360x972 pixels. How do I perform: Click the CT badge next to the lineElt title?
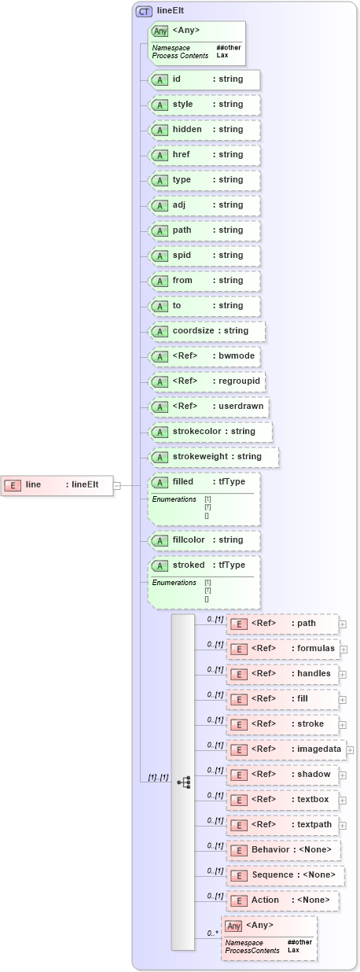pos(144,11)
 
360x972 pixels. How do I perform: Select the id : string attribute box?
pos(204,79)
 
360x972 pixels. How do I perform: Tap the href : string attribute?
pos(204,155)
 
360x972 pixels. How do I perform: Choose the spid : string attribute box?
pos(204,256)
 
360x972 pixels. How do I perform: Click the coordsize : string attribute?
pos(207,331)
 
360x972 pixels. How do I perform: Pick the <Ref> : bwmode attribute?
pos(204,356)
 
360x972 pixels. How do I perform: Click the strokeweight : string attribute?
pos(213,457)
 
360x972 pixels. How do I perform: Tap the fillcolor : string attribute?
pos(204,540)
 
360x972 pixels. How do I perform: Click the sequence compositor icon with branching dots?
pos(183,782)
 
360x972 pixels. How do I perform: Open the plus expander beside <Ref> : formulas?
pos(343,650)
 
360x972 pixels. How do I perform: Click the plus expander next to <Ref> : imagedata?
pos(350,750)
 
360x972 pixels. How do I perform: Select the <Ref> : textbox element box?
pos(283,800)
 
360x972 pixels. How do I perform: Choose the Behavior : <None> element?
pos(284,850)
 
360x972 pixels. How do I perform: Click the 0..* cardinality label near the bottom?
pos(212,933)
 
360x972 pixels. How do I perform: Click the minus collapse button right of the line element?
pos(117,485)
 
